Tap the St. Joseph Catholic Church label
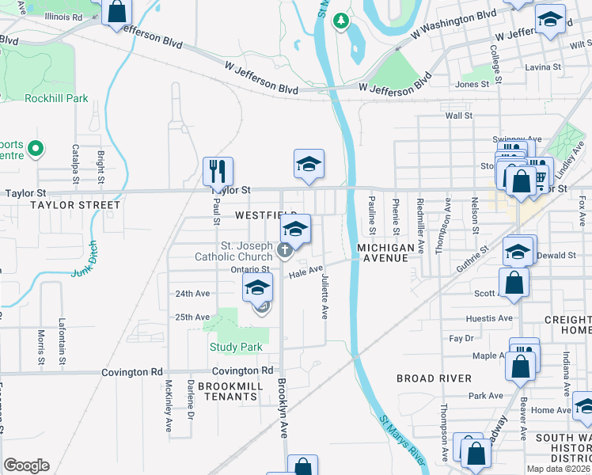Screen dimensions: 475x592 235,252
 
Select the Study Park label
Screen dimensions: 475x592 236,347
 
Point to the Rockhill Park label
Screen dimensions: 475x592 56,99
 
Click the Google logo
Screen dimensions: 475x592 26,465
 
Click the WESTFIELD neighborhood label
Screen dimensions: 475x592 264,215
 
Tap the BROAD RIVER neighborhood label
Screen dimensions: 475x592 428,378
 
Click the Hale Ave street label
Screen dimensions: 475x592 305,272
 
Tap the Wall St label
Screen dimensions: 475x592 458,116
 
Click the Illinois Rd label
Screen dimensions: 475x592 64,16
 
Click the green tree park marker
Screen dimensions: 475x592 341,20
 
